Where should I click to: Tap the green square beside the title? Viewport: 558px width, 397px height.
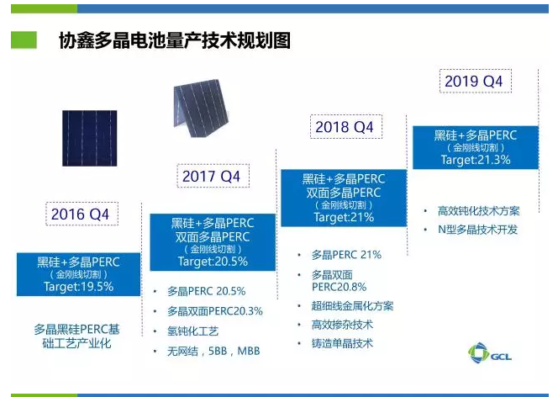[24, 40]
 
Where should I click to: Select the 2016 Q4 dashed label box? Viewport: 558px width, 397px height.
[80, 214]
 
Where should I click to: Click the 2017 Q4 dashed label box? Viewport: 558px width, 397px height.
[211, 177]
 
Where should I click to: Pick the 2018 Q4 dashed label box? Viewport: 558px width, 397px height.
[344, 128]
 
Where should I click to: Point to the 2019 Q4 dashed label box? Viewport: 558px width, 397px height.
[472, 82]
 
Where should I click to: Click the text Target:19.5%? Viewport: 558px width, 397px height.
[79, 287]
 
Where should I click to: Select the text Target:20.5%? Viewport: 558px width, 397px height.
[212, 262]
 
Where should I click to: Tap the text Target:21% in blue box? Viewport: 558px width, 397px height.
[344, 217]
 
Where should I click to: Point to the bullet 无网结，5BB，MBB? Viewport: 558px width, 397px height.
[213, 350]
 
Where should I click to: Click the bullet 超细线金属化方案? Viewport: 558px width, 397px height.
[352, 305]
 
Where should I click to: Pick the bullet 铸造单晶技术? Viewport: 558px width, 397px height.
[342, 343]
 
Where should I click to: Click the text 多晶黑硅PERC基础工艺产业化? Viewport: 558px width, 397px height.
[77, 336]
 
